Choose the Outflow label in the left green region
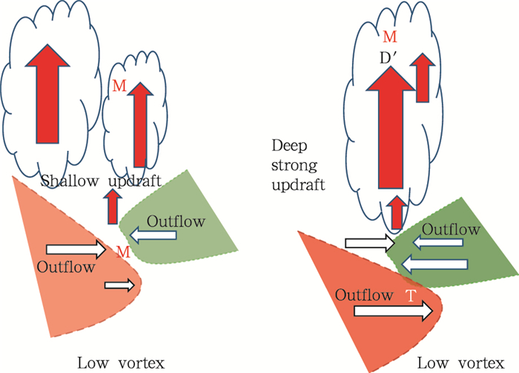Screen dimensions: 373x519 (x=171, y=221)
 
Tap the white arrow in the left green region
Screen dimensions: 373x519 (x=154, y=235)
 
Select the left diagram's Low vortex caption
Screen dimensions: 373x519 (x=114, y=362)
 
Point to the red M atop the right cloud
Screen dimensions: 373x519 (x=389, y=36)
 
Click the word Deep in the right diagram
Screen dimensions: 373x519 (x=289, y=144)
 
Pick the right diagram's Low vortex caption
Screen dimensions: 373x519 (x=454, y=362)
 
